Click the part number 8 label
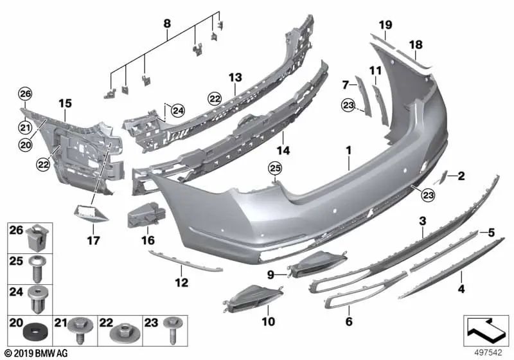click(167, 24)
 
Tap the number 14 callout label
click(284, 150)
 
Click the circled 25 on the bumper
click(275, 168)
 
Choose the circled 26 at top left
click(24, 94)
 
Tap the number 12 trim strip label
click(182, 282)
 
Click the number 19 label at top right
click(385, 25)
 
